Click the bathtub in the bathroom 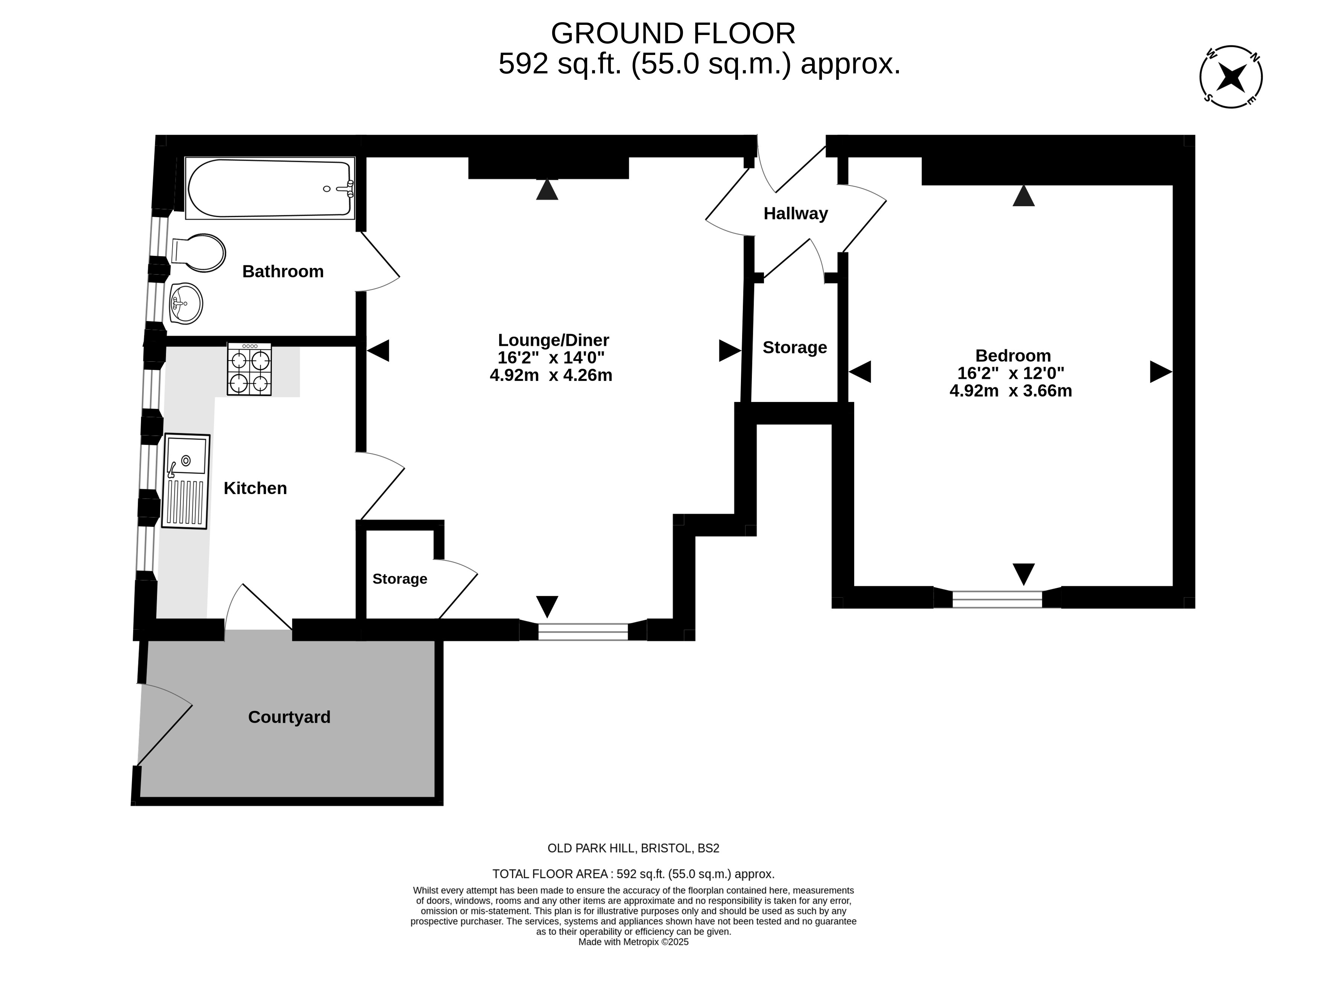(x=270, y=188)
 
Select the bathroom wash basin (x=186, y=303)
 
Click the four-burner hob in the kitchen (x=249, y=369)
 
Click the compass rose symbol (x=1231, y=77)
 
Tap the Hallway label (x=795, y=213)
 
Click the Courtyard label (x=289, y=717)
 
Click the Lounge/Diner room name (x=553, y=340)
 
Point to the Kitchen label (x=255, y=488)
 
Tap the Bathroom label (x=283, y=271)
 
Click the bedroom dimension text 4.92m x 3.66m (x=1011, y=391)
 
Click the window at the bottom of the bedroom (x=997, y=599)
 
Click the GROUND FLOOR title (x=673, y=33)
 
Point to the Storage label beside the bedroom (x=795, y=347)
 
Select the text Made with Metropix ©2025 (x=633, y=942)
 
